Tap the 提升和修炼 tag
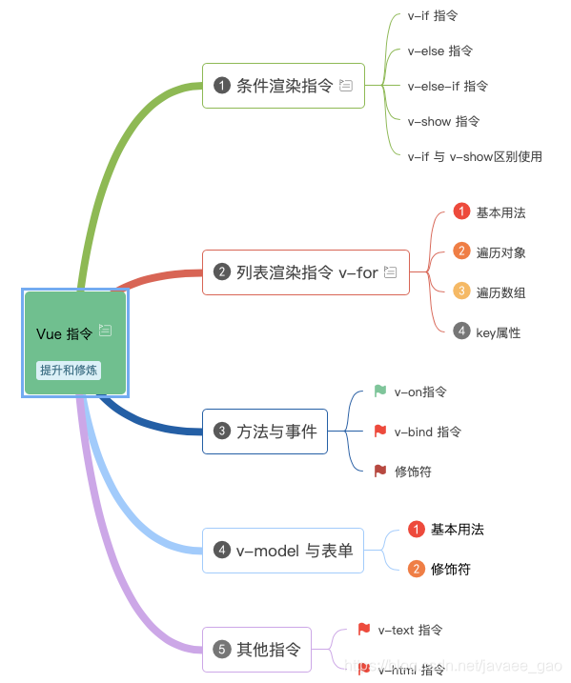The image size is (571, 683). point(69,370)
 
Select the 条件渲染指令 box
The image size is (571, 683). point(283,86)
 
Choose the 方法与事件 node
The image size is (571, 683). point(265,431)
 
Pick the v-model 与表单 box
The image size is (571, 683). point(283,551)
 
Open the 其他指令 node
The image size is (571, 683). point(257,650)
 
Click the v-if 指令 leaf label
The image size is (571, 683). point(432,16)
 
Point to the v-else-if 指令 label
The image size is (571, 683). point(447,86)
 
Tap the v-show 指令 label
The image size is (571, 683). point(443,121)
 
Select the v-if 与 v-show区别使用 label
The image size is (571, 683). point(475,156)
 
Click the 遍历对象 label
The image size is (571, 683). point(500,252)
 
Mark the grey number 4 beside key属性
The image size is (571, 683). point(461,331)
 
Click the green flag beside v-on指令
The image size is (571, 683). point(380,391)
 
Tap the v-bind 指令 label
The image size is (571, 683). point(428,432)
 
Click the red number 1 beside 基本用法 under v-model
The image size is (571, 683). point(417,529)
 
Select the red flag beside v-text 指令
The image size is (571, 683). point(363,629)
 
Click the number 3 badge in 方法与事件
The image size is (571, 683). point(222,432)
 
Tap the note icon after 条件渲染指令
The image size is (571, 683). point(346,86)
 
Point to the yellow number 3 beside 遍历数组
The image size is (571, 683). point(461,291)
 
